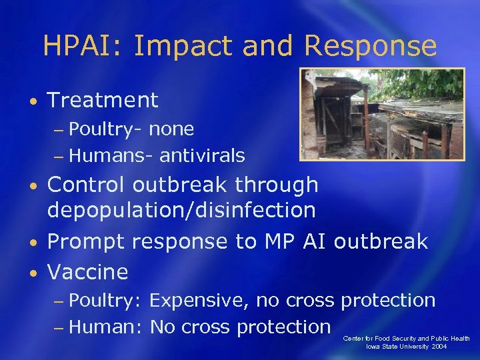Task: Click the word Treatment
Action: [103, 101]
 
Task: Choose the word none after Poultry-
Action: [171, 129]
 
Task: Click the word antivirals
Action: [202, 156]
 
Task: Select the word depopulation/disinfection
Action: [181, 211]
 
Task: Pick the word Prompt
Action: [86, 241]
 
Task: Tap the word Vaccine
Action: [87, 272]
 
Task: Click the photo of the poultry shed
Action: [382, 114]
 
